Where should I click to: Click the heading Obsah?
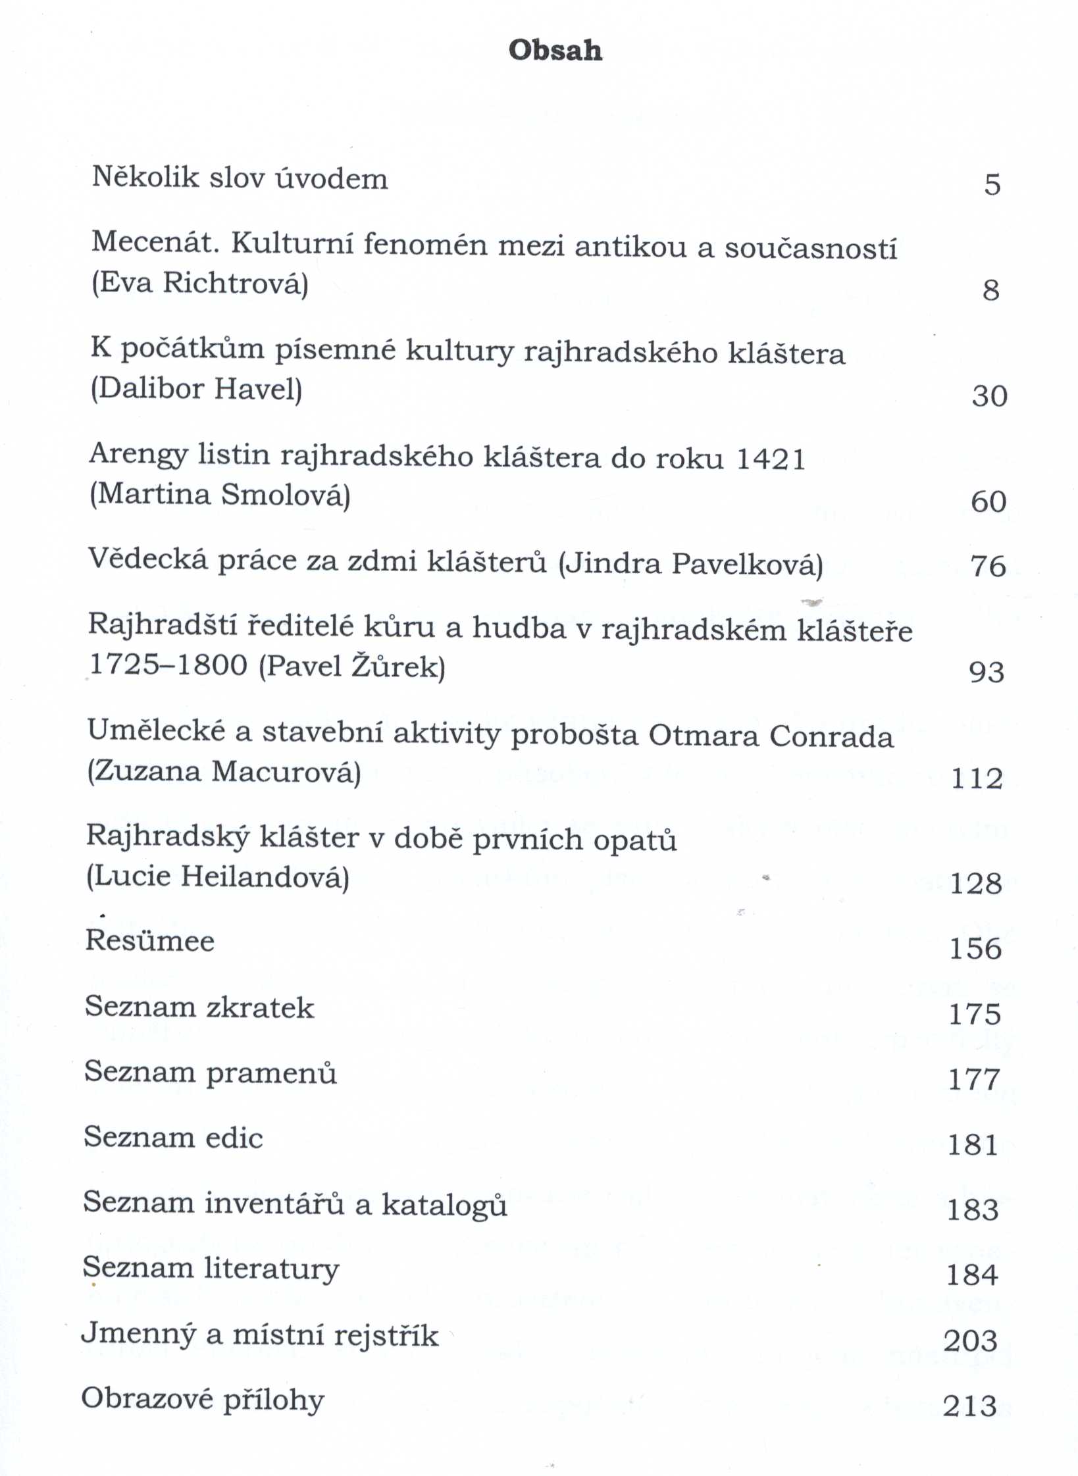555,51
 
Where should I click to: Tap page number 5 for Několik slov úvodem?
992,184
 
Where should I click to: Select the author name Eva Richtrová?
200,284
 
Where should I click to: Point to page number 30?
989,396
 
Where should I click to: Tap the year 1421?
771,459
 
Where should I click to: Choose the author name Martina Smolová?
220,495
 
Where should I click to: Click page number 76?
988,566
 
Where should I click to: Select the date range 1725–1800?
168,665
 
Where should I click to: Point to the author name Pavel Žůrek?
352,667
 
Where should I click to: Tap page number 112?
977,778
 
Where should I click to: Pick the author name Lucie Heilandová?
218,877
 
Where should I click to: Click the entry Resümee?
150,941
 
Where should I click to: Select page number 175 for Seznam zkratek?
975,1014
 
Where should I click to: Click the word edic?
234,1138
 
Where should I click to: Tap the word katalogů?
444,1204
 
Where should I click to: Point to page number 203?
970,1340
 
